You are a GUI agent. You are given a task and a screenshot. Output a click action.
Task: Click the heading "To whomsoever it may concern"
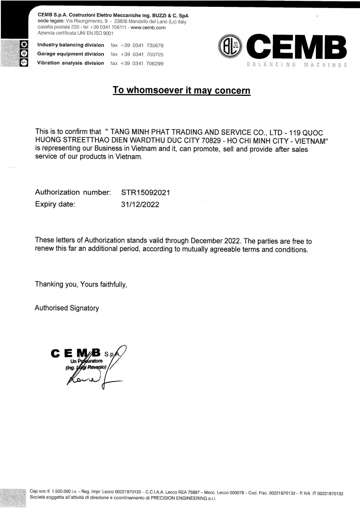click(x=181, y=90)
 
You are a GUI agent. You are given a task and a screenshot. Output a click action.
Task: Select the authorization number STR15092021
click(x=145, y=192)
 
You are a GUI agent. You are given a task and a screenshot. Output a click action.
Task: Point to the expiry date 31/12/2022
click(x=140, y=204)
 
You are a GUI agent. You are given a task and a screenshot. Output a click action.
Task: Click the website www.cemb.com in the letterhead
click(x=148, y=27)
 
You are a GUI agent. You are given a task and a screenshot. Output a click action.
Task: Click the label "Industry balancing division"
click(x=71, y=45)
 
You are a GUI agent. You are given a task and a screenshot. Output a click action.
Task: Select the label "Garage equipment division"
click(x=71, y=54)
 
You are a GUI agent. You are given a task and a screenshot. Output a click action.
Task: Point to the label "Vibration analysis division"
click(x=71, y=63)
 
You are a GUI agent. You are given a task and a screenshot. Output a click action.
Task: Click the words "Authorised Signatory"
click(x=67, y=308)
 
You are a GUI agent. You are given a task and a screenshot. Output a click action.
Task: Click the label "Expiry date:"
click(x=55, y=204)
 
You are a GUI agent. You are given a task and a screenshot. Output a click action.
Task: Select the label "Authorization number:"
click(x=73, y=192)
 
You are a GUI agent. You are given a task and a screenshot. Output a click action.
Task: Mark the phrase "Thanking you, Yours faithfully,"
click(x=81, y=284)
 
